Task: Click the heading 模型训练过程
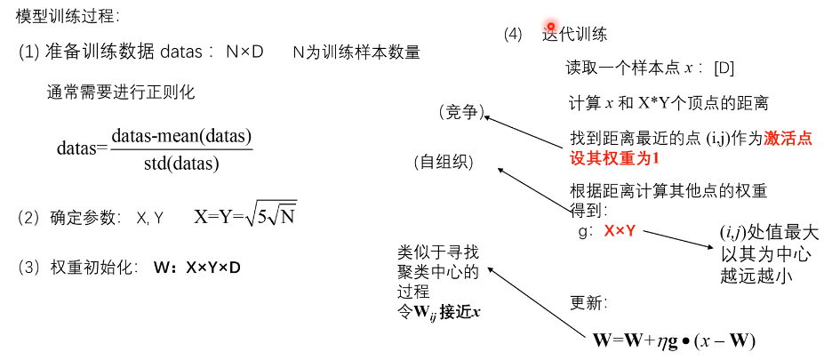[68, 16]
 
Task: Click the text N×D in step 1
[245, 52]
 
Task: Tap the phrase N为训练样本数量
[356, 52]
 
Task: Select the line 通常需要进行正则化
[121, 92]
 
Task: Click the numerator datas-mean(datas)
[182, 136]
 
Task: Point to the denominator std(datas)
[181, 164]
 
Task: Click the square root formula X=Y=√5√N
[245, 216]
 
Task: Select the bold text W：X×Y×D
[196, 268]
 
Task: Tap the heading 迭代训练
[575, 35]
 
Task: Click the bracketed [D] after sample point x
[724, 68]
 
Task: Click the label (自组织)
[444, 163]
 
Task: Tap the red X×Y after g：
[620, 231]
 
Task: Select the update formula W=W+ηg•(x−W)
[674, 340]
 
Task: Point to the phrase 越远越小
[756, 276]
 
